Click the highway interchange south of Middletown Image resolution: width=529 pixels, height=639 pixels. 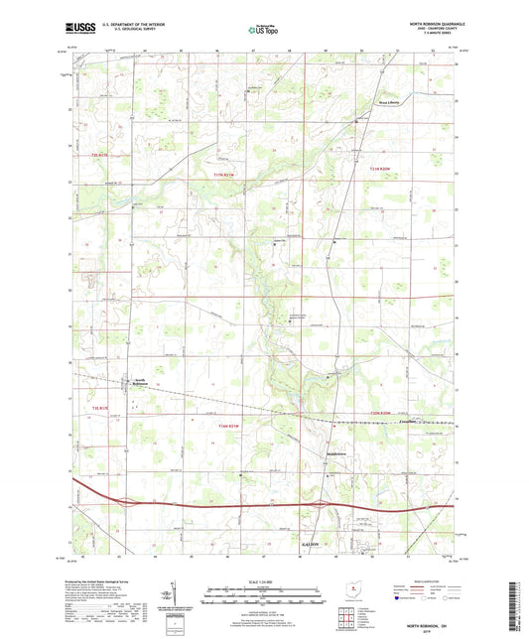[334, 506]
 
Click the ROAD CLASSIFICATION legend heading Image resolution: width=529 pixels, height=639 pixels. [429, 576]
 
